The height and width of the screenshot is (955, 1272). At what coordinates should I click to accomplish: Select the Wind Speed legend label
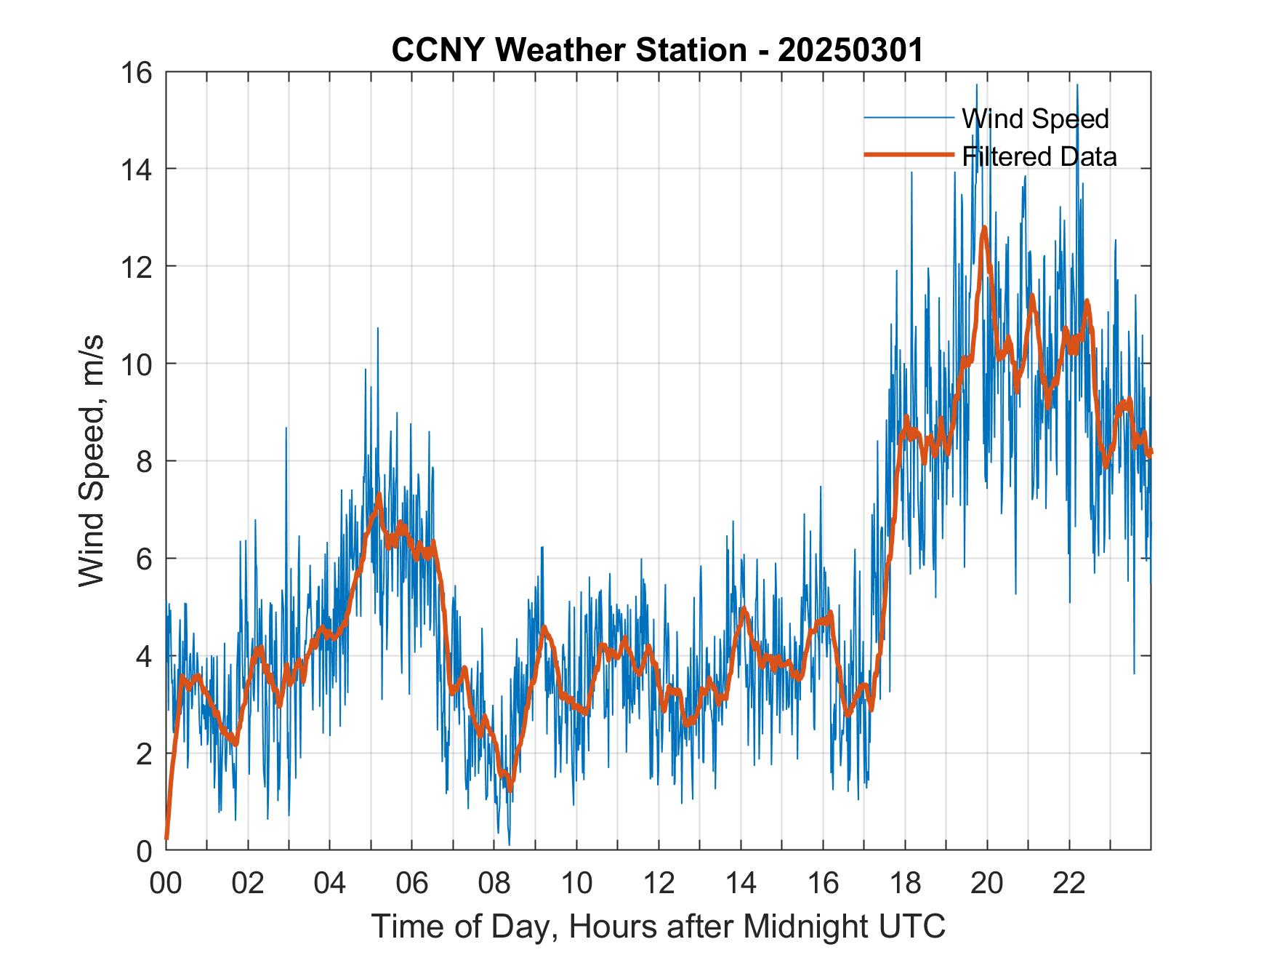pos(1035,119)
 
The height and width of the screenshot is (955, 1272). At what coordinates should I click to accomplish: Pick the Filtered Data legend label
pos(1039,156)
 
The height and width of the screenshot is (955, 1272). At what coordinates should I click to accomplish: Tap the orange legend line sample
pos(909,155)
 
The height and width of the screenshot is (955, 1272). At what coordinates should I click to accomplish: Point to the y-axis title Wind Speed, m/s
pos(92,460)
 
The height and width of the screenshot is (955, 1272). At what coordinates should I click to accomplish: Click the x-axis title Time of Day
pos(659,927)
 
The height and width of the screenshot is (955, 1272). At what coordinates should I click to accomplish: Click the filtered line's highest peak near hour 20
pos(984,228)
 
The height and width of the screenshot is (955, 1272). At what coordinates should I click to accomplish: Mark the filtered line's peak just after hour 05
pos(379,496)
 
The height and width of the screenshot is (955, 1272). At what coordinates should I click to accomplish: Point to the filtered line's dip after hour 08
pos(510,787)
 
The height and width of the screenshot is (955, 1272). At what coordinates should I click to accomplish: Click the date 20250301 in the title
pos(850,49)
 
